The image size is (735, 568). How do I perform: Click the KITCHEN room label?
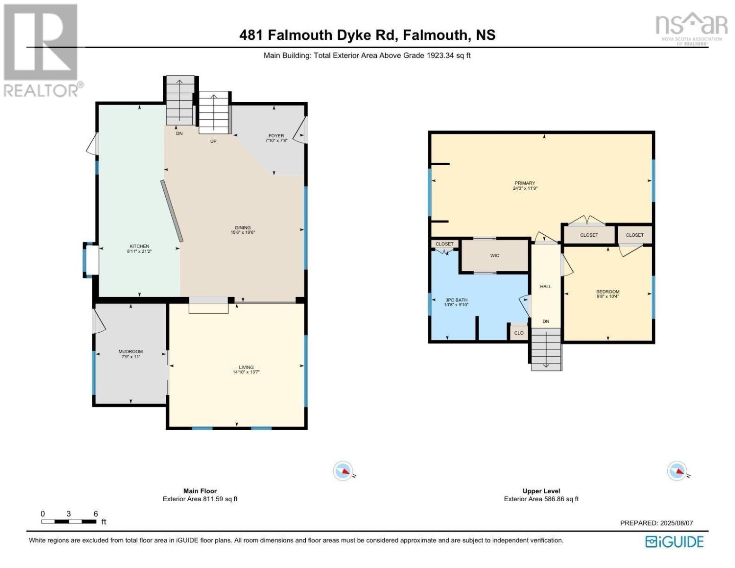click(x=139, y=247)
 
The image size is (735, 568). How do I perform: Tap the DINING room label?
click(x=243, y=228)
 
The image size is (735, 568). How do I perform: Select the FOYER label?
click(x=276, y=136)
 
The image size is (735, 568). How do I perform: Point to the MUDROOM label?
click(x=131, y=352)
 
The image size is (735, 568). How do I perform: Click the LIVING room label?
click(x=246, y=367)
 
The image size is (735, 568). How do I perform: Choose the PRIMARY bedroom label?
click(x=525, y=183)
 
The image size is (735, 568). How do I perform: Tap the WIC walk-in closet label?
click(x=495, y=256)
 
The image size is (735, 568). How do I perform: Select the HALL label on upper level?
click(x=546, y=286)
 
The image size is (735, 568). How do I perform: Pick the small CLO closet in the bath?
click(x=519, y=333)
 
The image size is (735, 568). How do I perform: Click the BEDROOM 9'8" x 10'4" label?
click(x=608, y=292)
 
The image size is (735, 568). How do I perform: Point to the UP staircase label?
click(x=213, y=141)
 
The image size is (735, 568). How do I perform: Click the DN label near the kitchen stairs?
click(x=179, y=133)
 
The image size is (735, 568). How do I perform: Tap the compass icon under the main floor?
click(x=343, y=471)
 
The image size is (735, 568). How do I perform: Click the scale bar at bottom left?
click(x=69, y=522)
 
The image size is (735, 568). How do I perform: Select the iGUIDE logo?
click(x=674, y=541)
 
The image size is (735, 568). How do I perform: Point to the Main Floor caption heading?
click(x=200, y=491)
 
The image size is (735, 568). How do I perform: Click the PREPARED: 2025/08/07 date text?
click(x=656, y=523)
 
